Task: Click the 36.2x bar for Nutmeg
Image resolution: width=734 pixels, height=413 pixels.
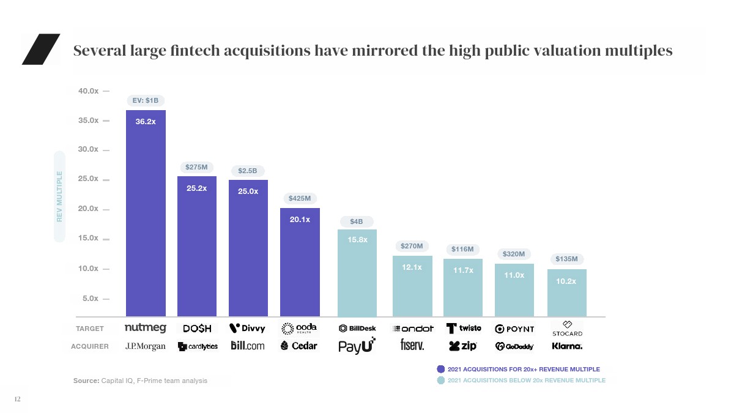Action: [x=146, y=214]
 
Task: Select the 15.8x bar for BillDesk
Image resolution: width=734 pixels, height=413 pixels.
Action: [x=357, y=273]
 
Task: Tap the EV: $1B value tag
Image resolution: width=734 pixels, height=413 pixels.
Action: [x=146, y=100]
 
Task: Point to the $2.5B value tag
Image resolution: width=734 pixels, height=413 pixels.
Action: [x=248, y=170]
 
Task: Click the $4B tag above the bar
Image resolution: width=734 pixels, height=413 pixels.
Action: [x=357, y=220]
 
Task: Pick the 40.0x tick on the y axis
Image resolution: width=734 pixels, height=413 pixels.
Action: [x=89, y=91]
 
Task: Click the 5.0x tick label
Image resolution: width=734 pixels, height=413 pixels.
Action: [x=89, y=299]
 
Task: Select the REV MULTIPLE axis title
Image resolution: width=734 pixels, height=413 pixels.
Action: [x=59, y=196]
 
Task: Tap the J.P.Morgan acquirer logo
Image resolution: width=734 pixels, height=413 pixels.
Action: [x=146, y=346]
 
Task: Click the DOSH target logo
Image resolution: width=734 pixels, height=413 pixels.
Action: [x=197, y=329]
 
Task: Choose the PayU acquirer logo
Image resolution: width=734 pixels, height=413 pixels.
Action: [x=357, y=346]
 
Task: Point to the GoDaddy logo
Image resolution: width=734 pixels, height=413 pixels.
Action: [x=514, y=346]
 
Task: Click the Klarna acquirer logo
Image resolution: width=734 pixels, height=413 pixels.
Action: [x=567, y=346]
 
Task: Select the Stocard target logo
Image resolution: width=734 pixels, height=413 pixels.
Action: [x=567, y=329]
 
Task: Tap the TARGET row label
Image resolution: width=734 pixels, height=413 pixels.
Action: [x=90, y=329]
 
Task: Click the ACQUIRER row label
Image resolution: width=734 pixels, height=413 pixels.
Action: [x=90, y=346]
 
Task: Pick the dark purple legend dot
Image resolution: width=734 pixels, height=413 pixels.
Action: [x=441, y=369]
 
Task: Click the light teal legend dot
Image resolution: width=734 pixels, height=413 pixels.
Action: [x=441, y=381]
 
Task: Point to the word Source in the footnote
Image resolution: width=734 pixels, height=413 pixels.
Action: [x=86, y=381]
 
